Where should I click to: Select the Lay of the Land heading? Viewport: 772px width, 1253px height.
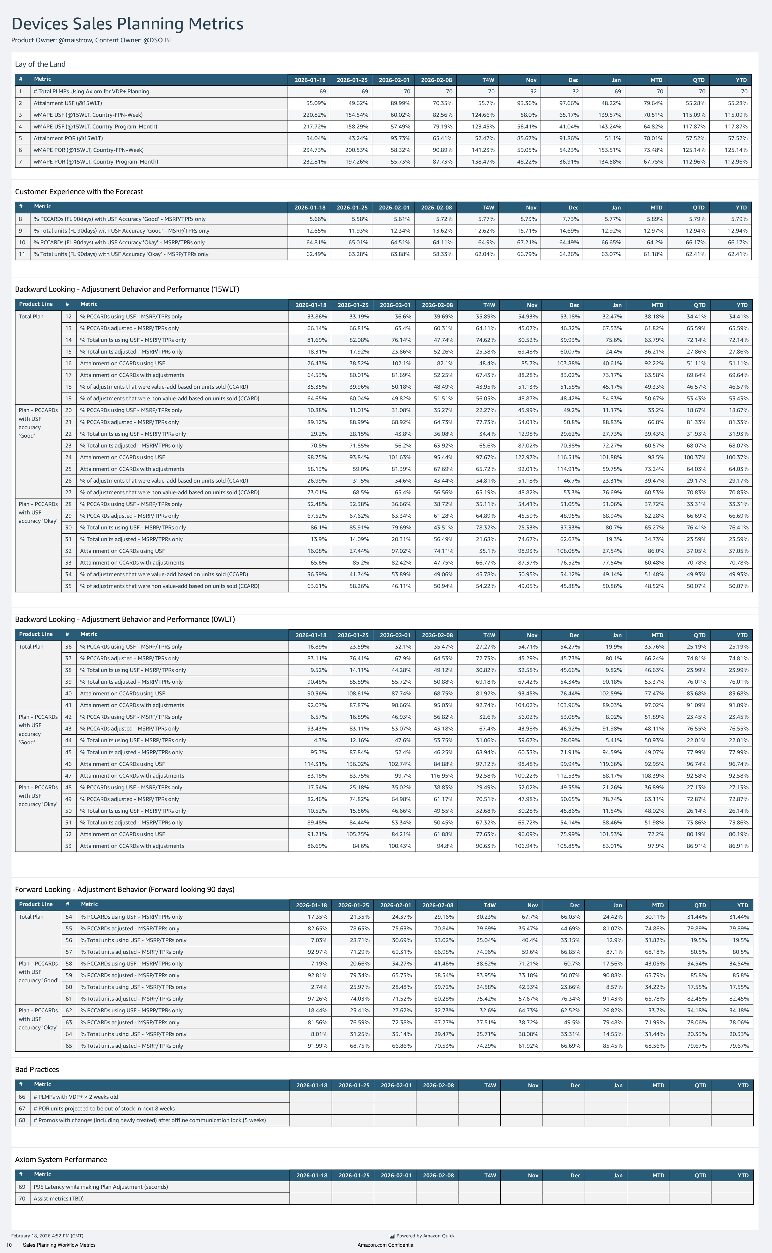(x=40, y=64)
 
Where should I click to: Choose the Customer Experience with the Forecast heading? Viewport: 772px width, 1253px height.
(x=79, y=192)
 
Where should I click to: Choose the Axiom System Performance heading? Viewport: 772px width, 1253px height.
(x=61, y=1159)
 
